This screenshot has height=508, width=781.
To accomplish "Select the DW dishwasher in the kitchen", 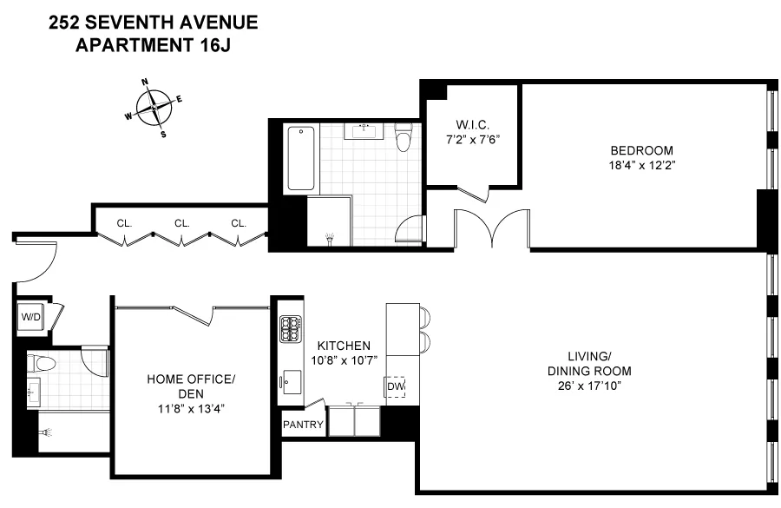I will [396, 386].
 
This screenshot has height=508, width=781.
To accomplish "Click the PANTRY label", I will [303, 426].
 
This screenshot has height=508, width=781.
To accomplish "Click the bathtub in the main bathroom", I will [301, 158].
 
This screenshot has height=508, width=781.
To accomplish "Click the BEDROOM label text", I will [643, 149].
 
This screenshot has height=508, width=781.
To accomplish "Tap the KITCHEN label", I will [344, 345].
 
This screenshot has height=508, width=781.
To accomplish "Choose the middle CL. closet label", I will [181, 223].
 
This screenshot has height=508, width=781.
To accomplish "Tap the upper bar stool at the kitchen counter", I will [425, 314].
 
